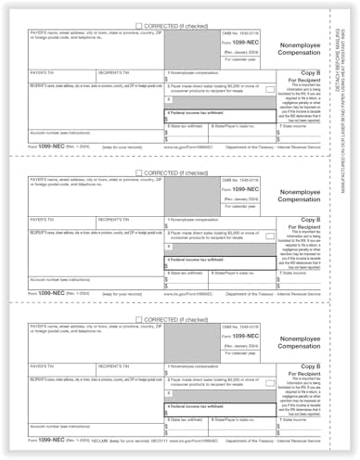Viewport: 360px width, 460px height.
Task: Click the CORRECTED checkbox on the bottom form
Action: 139,322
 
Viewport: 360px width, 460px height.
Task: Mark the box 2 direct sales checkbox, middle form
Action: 169,247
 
